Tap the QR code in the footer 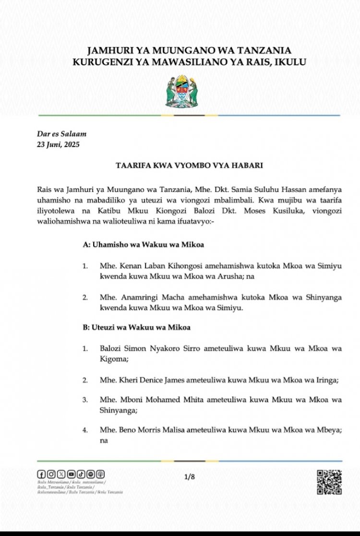329,482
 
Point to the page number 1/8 190,476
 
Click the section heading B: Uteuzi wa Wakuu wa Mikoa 137,327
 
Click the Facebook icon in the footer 41,474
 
